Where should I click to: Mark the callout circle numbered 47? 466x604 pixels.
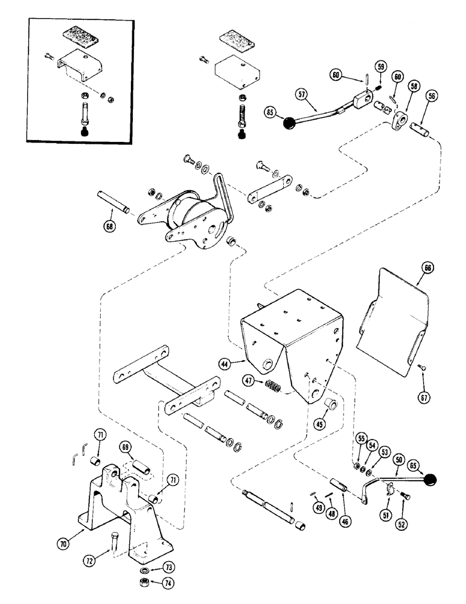248,381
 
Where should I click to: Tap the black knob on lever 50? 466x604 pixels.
430,481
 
